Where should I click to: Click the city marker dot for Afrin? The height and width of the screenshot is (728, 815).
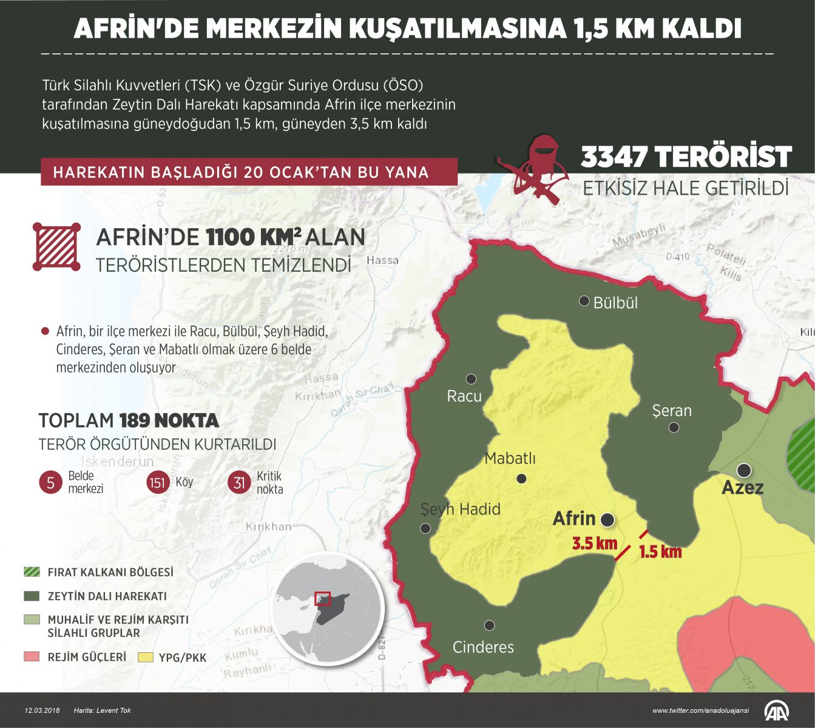pos(607,519)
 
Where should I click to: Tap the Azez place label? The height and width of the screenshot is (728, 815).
pos(742,488)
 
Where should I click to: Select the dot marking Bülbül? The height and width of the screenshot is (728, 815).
pos(584,301)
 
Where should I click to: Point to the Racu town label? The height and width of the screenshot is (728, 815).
pos(464,396)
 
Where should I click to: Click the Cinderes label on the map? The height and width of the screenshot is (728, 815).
pos(483,647)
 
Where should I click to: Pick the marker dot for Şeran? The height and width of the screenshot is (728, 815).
pos(674,428)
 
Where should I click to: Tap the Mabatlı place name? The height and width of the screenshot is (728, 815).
pos(510,458)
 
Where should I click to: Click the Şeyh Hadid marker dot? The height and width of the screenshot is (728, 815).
pos(425,528)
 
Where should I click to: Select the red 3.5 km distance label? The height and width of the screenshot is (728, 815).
pos(594,544)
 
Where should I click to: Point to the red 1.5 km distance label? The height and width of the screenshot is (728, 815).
pos(660,551)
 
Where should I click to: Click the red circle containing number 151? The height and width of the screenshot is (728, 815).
pos(158,483)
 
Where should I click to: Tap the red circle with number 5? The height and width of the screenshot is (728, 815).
pos(50,483)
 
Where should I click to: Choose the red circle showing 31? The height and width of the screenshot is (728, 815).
pos(239,483)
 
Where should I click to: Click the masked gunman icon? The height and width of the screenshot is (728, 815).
pos(538,165)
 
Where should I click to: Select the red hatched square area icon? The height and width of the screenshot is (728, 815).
pos(56,246)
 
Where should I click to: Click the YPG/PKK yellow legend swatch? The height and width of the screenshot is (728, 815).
pos(146,657)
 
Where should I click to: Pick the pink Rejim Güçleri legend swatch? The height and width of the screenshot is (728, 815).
pos(32,656)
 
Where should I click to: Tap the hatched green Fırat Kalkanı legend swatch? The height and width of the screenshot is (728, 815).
pos(32,572)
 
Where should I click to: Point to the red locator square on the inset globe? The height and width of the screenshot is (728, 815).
pos(322,599)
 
